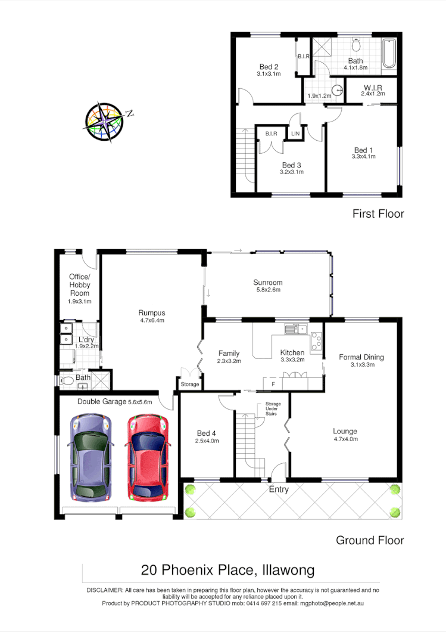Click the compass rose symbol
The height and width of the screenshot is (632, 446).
pyautogui.click(x=106, y=123)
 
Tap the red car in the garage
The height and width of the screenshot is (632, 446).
pyautogui.click(x=146, y=458)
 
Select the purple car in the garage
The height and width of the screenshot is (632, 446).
pyautogui.click(x=91, y=458)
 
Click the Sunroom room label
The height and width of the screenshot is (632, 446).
pyautogui.click(x=267, y=283)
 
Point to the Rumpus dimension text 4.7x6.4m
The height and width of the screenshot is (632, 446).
pyautogui.click(x=151, y=320)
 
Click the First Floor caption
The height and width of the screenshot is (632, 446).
pyautogui.click(x=378, y=213)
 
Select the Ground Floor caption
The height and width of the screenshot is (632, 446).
pyautogui.click(x=369, y=540)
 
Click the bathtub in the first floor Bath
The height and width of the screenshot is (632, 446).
pyautogui.click(x=389, y=53)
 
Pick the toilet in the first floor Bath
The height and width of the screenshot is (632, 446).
pyautogui.click(x=357, y=44)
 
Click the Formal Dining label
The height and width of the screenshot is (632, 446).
pyautogui.click(x=361, y=357)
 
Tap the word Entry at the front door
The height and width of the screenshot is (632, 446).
pyautogui.click(x=279, y=490)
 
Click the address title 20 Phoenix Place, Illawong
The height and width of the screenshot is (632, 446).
pyautogui.click(x=227, y=570)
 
